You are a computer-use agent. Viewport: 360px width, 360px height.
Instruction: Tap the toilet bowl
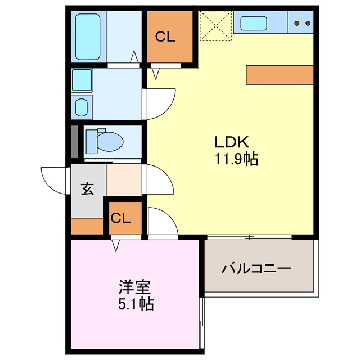(107, 141)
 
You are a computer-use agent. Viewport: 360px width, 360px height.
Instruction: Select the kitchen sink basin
(254, 23)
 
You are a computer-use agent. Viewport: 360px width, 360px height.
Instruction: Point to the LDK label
(230, 142)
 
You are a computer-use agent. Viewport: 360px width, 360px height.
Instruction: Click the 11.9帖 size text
(236, 159)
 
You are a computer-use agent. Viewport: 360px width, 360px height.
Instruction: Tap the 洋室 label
(134, 287)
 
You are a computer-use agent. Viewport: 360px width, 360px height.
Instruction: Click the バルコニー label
(256, 268)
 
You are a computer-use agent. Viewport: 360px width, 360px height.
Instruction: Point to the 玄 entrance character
(87, 189)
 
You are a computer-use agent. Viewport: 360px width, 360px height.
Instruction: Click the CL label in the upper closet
(165, 38)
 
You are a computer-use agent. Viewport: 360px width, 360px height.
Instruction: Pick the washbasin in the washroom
(82, 106)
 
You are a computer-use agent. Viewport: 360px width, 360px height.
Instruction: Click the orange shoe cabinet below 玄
(87, 226)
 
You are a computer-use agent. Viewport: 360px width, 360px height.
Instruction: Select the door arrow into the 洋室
(115, 245)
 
